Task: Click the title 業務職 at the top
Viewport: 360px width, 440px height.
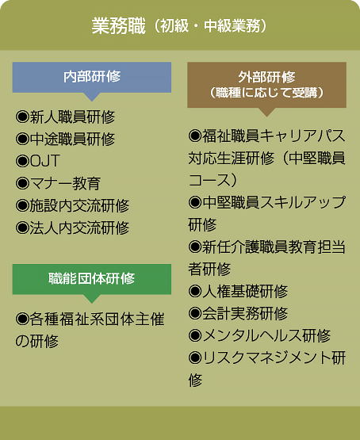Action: pyautogui.click(x=119, y=26)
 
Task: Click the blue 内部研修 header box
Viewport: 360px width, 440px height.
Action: pyautogui.click(x=92, y=77)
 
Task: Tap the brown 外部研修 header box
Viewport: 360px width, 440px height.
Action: pyautogui.click(x=267, y=85)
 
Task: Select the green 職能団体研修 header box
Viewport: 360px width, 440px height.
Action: pyautogui.click(x=92, y=279)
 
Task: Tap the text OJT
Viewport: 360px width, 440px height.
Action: pyautogui.click(x=45, y=161)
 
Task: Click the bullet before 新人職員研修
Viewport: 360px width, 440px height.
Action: pyautogui.click(x=22, y=117)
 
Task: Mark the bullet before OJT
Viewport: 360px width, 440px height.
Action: pyautogui.click(x=22, y=161)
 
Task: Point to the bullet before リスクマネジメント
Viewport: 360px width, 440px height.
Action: pyautogui.click(x=195, y=358)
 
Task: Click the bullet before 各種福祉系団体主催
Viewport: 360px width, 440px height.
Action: pyautogui.click(x=22, y=319)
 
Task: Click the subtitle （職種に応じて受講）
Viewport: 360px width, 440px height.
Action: pyautogui.click(x=267, y=93)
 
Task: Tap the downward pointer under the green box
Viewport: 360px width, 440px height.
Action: pyautogui.click(x=92, y=299)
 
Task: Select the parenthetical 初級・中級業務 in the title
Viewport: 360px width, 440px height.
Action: pyautogui.click(x=210, y=26)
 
